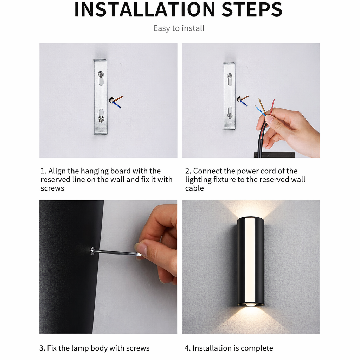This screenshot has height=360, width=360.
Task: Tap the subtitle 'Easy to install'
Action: [179, 28]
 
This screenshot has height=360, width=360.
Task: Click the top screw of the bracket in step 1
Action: [101, 75]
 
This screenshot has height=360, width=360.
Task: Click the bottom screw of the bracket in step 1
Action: [101, 119]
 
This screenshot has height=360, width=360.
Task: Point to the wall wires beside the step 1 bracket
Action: [116, 101]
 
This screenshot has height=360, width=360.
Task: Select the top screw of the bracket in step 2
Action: [230, 76]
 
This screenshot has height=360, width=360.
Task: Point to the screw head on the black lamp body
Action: [93, 250]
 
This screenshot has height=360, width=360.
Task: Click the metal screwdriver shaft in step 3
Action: [116, 252]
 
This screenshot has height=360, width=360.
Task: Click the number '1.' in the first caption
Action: [44, 171]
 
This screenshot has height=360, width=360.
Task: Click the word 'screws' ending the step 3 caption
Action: [139, 348]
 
